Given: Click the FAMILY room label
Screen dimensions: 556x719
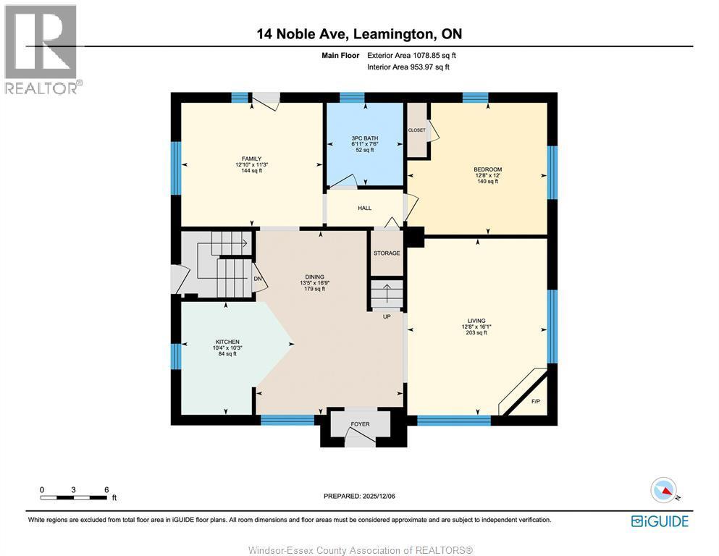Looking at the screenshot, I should click(251, 159).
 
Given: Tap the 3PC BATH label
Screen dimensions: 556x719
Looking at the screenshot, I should click(365, 138).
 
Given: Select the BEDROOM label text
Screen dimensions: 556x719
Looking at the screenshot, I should click(488, 169).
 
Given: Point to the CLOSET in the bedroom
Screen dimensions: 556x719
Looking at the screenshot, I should click(416, 130).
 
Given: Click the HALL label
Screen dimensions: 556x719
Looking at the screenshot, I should click(364, 208).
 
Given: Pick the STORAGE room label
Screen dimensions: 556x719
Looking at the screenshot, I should click(387, 253).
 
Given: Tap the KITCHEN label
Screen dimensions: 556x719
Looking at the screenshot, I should click(227, 342).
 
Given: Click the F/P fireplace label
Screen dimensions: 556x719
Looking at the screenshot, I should click(536, 401).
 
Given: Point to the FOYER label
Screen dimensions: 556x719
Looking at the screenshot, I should click(360, 424).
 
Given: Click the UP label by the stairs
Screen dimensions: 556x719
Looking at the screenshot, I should click(387, 316).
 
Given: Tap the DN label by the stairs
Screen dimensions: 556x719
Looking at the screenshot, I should click(257, 279).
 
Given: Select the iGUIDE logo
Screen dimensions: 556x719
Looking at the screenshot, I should click(660, 521).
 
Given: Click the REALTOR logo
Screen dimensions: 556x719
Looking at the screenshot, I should click(41, 49).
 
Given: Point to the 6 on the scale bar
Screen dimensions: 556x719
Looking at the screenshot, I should click(106, 489).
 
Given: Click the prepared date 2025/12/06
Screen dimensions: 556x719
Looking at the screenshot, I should click(359, 496).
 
